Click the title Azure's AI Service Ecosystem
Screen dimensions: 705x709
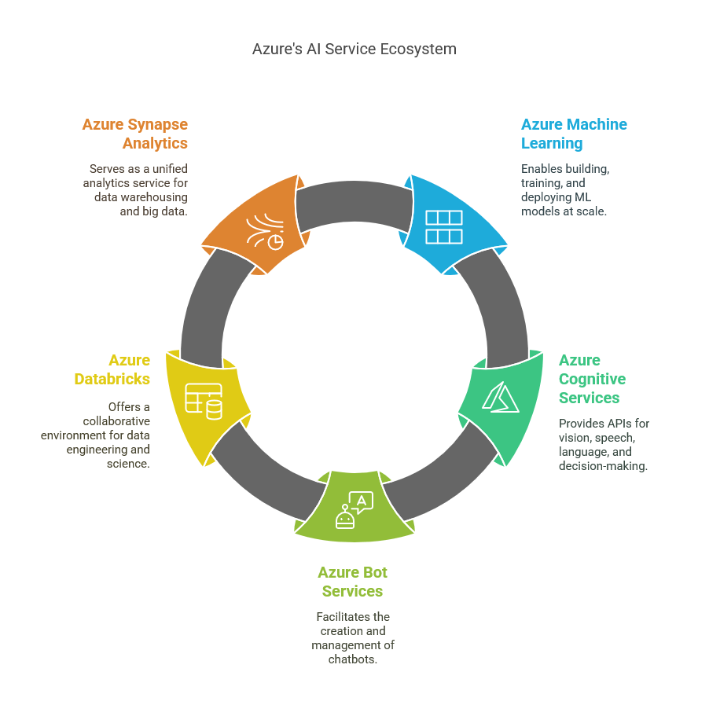[x=354, y=49]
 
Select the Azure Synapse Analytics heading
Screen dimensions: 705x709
[x=135, y=134]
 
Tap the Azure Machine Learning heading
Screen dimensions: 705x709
[x=574, y=134]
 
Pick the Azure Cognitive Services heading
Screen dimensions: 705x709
[x=592, y=379]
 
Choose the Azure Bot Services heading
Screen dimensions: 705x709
[x=352, y=582]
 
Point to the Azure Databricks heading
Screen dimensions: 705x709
[x=112, y=369]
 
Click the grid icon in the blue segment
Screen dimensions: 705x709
[x=443, y=226]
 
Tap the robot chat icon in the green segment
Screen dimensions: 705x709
[x=354, y=510]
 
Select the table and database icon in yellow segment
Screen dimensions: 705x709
[x=203, y=400]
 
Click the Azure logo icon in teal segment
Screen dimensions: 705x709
[x=499, y=397]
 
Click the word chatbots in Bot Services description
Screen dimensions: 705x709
[x=352, y=659]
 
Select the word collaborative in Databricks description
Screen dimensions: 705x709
[x=116, y=421]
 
